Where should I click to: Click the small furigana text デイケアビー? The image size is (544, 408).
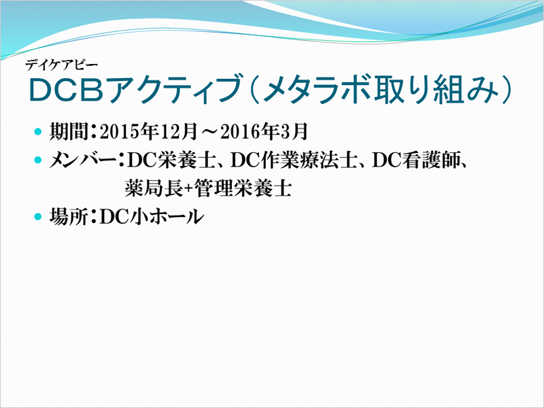pos(61,65)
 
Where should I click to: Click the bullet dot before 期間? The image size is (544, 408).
pos(38,132)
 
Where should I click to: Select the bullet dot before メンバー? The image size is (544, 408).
pos(38,160)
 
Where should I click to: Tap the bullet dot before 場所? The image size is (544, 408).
pos(38,217)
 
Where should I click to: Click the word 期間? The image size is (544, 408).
pos(69,131)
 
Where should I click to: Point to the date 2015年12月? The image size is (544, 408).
pos(148,132)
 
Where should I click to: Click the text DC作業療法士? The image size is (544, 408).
pos(294,160)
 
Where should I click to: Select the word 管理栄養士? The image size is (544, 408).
pos(243,188)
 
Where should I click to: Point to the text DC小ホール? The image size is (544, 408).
pos(151,217)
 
